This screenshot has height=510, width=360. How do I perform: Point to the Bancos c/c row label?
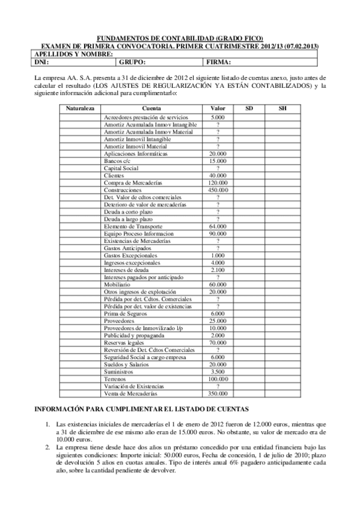click(117, 161)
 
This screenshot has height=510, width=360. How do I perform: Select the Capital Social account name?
click(121, 168)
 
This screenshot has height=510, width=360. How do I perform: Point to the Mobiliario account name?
click(118, 284)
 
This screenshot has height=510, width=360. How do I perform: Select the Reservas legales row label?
click(123, 343)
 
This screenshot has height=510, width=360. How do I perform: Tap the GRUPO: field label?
click(132, 61)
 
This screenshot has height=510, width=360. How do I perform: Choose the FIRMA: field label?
click(219, 61)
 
